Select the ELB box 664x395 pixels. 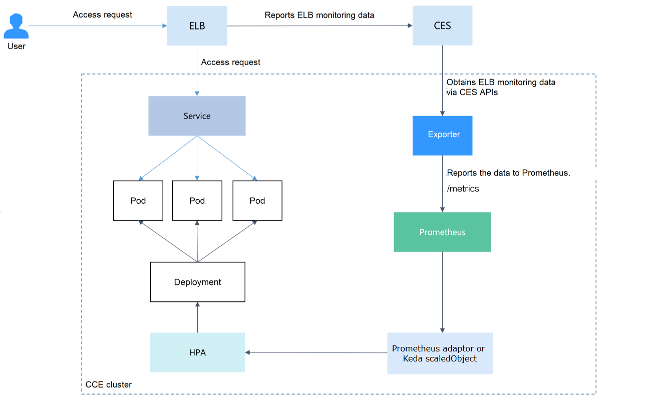(197, 26)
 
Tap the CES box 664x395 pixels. (442, 26)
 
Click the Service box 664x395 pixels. (197, 116)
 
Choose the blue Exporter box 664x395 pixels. (442, 135)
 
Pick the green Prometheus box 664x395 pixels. (442, 232)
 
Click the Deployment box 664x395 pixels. (197, 282)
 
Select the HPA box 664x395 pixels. (197, 352)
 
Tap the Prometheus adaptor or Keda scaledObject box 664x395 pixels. (440, 353)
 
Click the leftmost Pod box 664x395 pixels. (138, 201)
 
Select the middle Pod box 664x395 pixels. (197, 201)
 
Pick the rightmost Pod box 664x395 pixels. (257, 201)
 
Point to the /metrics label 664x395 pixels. (463, 189)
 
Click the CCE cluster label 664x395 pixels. (109, 384)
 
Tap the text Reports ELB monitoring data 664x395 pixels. (319, 15)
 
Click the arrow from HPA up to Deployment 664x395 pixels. (197, 318)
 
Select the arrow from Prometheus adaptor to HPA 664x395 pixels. (315, 352)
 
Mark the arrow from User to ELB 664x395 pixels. (100, 26)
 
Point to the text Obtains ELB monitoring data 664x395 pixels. (501, 82)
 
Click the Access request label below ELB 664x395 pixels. (230, 62)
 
